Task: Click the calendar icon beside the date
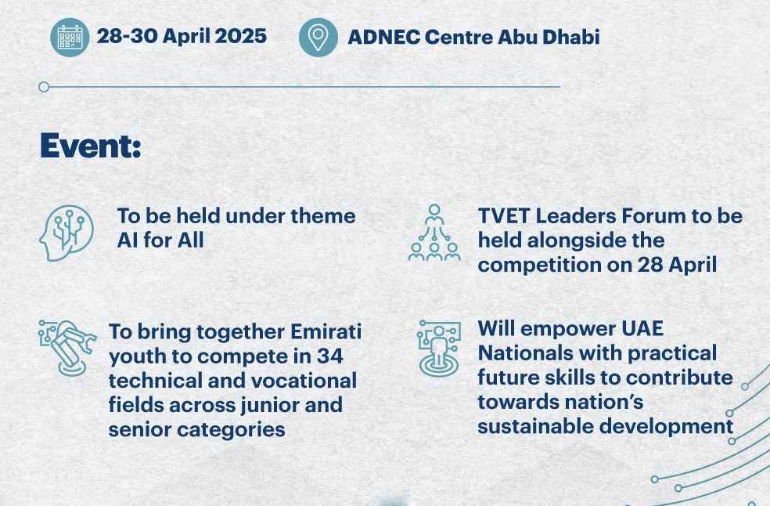70,38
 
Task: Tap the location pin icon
318,38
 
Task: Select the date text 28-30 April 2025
182,36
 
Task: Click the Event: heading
90,146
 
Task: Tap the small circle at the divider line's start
44,87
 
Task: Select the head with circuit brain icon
67,233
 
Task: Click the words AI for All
160,240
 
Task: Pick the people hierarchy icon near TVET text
434,233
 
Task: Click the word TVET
502,216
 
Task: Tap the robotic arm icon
67,347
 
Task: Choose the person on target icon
438,349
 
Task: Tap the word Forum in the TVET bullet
661,216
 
